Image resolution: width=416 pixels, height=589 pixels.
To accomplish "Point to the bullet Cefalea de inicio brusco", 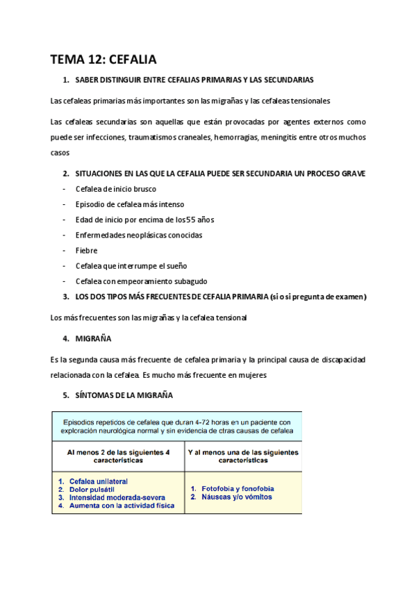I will pyautogui.click(x=116, y=189).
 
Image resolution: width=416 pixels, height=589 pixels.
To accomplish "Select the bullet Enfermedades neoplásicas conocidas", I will pyautogui.click(x=139, y=235).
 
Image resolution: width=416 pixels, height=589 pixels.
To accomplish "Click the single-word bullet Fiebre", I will pyautogui.click(x=86, y=250).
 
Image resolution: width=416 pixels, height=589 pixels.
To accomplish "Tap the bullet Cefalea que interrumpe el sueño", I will pyautogui.click(x=131, y=265).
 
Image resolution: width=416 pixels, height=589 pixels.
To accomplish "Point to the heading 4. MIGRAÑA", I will pyautogui.click(x=93, y=339).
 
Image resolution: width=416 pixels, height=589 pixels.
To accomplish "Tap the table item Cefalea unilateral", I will pyautogui.click(x=98, y=481).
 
